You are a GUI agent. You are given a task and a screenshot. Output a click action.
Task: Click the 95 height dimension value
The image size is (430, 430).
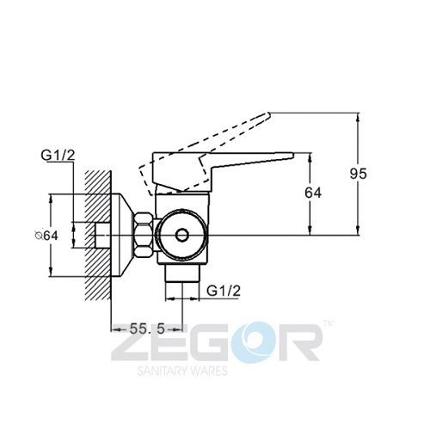click(x=358, y=174)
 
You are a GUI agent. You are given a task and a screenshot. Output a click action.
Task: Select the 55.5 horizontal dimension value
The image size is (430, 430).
click(x=147, y=329)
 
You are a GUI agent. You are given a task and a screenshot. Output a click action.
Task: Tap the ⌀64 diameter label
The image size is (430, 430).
click(x=46, y=236)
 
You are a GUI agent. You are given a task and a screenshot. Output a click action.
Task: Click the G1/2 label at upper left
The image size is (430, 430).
click(x=58, y=155)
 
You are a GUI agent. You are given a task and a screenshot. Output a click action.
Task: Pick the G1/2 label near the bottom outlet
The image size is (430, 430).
click(x=224, y=291)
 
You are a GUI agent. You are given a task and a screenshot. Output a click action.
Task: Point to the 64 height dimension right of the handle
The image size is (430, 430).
click(x=313, y=193)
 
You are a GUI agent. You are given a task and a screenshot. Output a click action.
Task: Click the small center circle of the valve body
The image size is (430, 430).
click(x=181, y=235)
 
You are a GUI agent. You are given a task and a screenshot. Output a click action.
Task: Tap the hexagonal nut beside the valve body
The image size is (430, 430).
click(x=144, y=235)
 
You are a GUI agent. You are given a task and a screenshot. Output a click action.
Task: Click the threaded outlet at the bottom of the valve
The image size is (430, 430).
click(x=181, y=273)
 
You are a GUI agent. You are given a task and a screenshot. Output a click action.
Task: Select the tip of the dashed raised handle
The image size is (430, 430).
click(x=269, y=114)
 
